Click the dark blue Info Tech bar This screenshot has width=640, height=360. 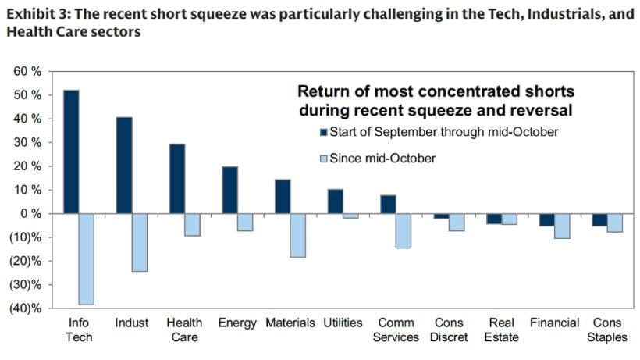[x=71, y=151]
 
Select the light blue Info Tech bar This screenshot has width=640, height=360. [x=86, y=258]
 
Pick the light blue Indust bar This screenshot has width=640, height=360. [x=139, y=242]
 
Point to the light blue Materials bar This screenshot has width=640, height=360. [x=297, y=235]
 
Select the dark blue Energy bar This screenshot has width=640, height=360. [x=229, y=190]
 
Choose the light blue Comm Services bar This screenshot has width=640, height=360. [x=403, y=230]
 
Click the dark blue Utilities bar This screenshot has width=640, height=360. [x=335, y=201]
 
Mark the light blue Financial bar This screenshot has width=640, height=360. [x=561, y=226]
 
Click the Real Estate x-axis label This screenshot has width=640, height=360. [x=501, y=330]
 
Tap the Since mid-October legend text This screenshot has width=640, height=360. [x=382, y=159]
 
